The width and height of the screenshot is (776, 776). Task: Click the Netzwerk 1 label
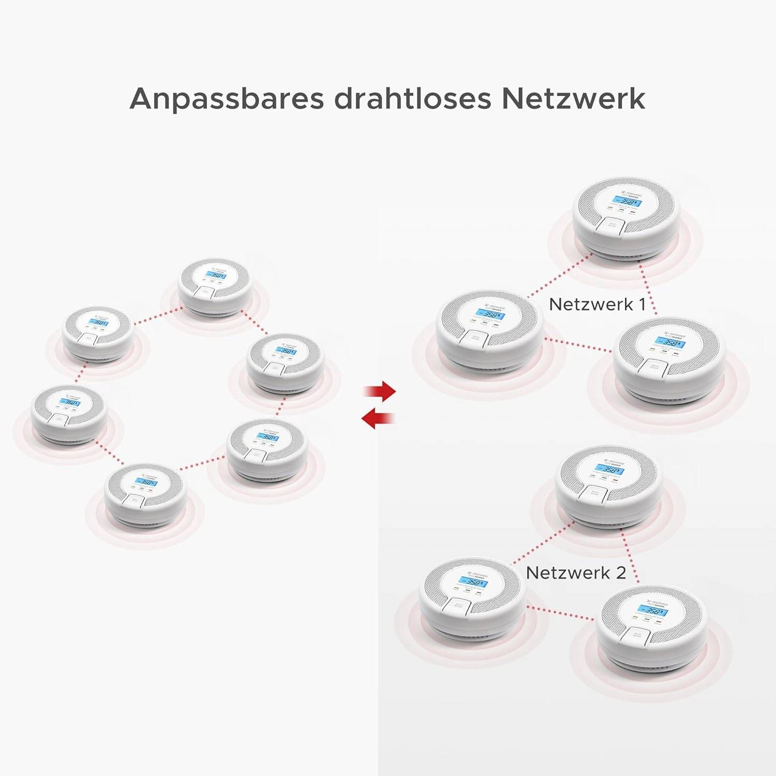point(597,304)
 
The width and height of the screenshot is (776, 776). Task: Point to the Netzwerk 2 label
point(576,573)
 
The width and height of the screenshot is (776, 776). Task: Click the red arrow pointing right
point(381,391)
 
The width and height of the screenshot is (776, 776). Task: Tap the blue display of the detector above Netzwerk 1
point(625,202)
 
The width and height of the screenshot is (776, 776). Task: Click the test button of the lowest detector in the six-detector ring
point(133,501)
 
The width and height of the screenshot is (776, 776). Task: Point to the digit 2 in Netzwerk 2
point(620,573)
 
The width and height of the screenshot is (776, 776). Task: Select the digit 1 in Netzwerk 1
point(641,304)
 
